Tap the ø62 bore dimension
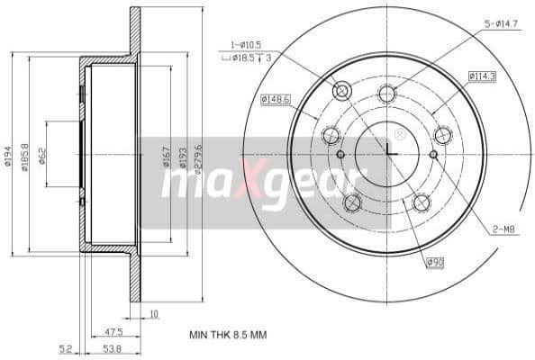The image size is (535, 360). pyautogui.click(x=42, y=157)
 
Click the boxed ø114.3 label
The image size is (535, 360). pyautogui.click(x=482, y=76)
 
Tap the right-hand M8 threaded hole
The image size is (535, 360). pyautogui.click(x=433, y=154)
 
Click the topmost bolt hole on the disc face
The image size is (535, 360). pyautogui.click(x=386, y=92)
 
